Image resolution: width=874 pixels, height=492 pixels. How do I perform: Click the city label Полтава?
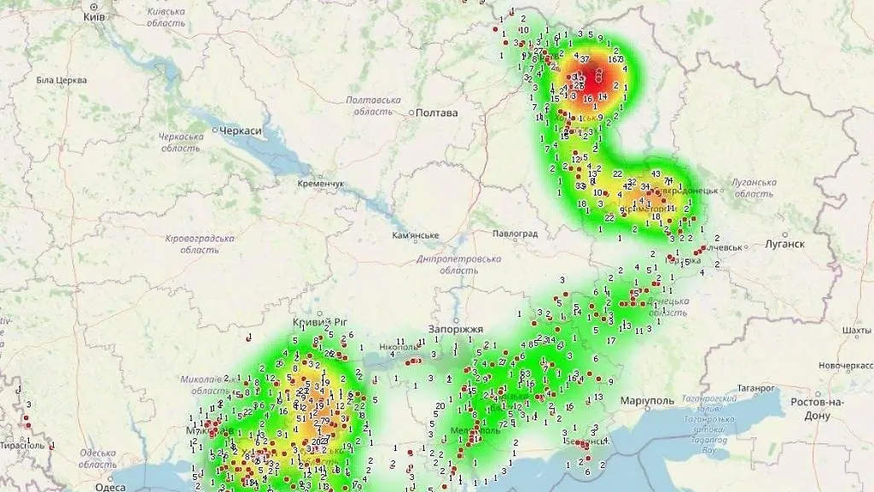437,113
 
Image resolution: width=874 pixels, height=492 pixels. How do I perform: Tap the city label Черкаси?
240,131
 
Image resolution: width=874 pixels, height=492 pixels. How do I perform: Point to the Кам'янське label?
415,236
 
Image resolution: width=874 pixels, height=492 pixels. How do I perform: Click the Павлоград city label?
516,233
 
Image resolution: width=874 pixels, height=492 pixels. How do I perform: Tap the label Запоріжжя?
456,329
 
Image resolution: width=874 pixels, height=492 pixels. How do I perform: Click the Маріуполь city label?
648,400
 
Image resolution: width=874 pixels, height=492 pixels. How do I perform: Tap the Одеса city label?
110,486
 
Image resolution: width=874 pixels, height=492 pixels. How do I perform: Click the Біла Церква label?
61,80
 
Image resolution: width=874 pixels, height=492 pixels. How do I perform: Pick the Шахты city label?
855,330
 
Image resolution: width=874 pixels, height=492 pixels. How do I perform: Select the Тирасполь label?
21,445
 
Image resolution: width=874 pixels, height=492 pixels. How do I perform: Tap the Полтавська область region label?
374,106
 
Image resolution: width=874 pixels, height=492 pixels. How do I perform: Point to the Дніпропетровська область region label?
459,264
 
